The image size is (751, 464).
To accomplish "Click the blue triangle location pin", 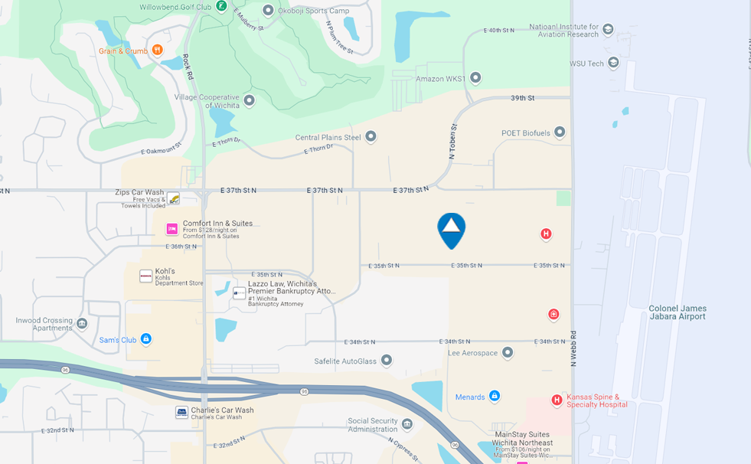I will (x=451, y=229).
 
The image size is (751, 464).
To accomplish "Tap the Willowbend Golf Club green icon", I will (x=221, y=6).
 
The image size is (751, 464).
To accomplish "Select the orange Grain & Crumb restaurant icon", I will (x=157, y=51).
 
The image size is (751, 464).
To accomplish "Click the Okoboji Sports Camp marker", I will (x=268, y=11).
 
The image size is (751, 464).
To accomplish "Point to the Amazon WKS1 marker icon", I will (x=475, y=78).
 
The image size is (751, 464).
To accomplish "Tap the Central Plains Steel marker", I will (x=371, y=137).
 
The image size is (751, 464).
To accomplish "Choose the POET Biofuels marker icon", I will (x=560, y=132).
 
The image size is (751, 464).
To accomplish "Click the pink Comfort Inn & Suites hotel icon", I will (x=172, y=229).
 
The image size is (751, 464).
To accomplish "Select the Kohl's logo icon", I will (x=145, y=276).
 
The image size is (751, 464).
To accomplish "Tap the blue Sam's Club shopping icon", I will (x=146, y=339).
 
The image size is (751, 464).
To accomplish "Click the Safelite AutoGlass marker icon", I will (x=387, y=361).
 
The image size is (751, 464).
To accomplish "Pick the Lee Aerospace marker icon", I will (x=508, y=353).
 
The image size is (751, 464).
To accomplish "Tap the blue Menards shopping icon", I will (x=495, y=397).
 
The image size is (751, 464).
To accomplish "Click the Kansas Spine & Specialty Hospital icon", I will (x=557, y=400).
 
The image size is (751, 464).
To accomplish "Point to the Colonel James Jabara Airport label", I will (x=677, y=312).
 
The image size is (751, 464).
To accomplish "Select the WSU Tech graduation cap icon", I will (x=613, y=64).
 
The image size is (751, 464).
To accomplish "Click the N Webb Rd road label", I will (x=573, y=348).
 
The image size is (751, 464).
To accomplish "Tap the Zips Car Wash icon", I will (x=174, y=199).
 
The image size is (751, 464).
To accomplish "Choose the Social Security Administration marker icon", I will (x=407, y=424).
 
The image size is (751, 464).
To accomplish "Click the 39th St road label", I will (x=522, y=98).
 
